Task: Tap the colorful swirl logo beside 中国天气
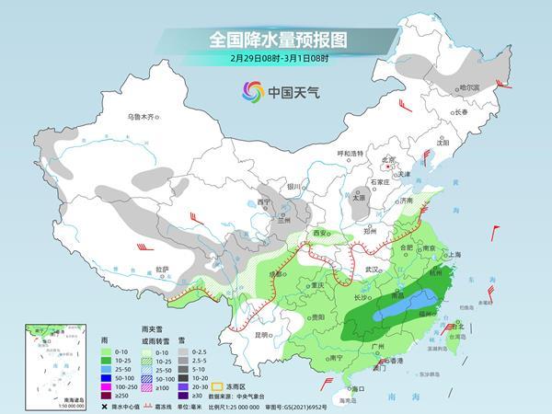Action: [x=251, y=91]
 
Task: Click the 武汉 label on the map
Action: [x=372, y=268]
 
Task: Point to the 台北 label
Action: [x=453, y=327]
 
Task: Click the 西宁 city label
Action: [x=265, y=201]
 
